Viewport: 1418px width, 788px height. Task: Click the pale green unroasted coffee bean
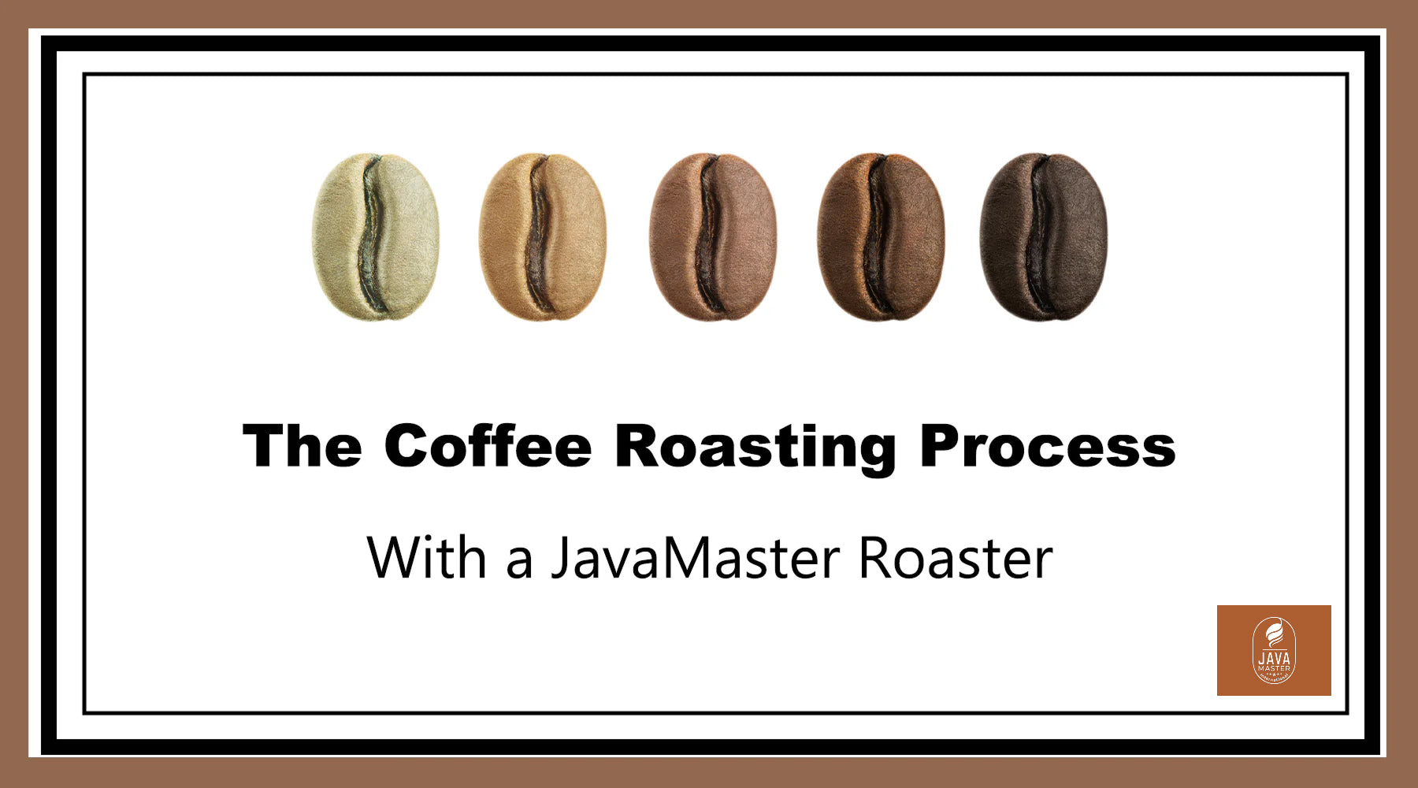[x=375, y=236]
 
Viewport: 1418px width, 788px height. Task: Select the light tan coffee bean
[x=543, y=236]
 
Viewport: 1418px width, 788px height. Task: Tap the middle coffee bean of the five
[x=712, y=236]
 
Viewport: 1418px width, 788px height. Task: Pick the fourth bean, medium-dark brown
[x=881, y=236]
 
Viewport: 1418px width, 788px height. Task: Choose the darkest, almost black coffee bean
[x=1043, y=236]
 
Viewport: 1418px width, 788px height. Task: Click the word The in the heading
[x=303, y=446]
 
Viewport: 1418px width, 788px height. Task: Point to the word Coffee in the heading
[x=488, y=446]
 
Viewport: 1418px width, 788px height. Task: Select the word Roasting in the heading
[x=755, y=449]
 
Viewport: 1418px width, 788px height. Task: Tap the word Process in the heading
[x=1048, y=446]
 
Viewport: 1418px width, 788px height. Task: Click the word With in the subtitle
[x=426, y=557]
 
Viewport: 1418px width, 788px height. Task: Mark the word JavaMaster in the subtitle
[x=696, y=557]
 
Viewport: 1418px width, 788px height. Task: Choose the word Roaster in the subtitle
[x=956, y=557]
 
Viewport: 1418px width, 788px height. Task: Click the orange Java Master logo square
[x=1274, y=650]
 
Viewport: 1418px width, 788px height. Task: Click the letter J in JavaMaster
[x=561, y=559]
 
